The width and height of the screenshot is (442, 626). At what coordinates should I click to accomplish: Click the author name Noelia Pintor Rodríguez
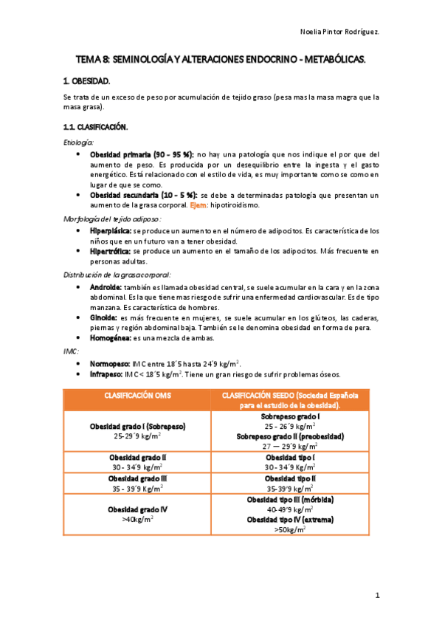click(341, 32)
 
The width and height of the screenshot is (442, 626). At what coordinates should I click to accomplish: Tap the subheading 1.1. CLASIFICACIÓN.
click(96, 127)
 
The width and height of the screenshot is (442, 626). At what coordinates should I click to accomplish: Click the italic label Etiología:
click(79, 142)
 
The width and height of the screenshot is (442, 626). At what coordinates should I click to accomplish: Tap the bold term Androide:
click(106, 286)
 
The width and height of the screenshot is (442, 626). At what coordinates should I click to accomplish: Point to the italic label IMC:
click(70, 351)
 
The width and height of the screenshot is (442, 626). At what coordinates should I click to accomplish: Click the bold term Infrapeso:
click(107, 374)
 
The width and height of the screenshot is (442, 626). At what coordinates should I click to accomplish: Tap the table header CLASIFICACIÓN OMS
click(137, 396)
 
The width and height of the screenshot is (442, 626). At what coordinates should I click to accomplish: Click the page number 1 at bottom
click(376, 595)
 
